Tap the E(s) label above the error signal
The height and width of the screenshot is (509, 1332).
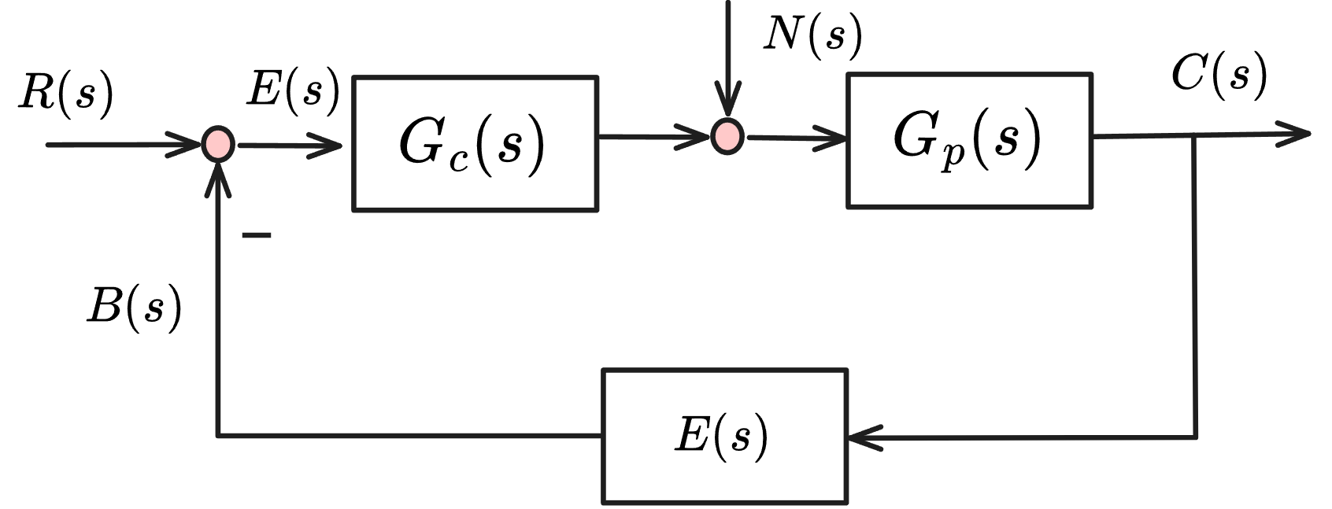[x=293, y=89]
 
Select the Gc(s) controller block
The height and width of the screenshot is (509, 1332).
[x=475, y=143]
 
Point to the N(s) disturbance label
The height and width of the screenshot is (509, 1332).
[x=812, y=35]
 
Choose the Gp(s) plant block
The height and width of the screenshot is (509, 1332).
[x=968, y=140]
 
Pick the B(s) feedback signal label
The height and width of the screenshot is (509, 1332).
[x=134, y=305]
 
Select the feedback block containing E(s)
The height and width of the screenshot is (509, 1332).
[x=724, y=436]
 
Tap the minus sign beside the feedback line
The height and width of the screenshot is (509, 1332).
[x=257, y=235]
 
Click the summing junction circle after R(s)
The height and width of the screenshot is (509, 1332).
[x=216, y=145]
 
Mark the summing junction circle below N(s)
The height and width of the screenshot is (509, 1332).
[x=727, y=136]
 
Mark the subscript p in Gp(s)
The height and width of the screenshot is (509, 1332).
[x=953, y=156]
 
